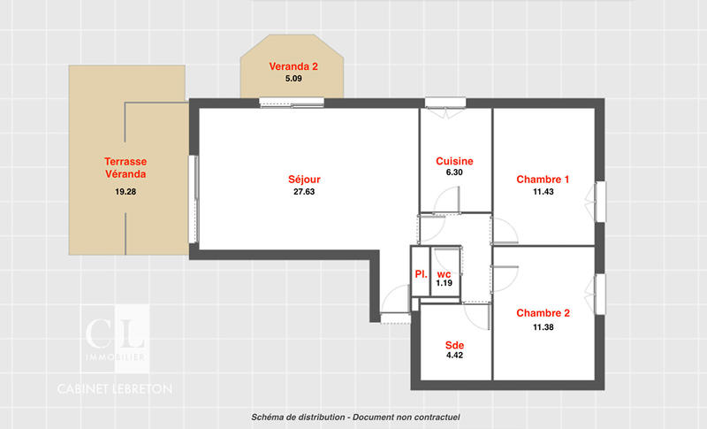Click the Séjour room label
[x=304, y=180]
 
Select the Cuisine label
[x=454, y=161]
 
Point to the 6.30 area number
[x=454, y=173]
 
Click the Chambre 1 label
[x=543, y=180]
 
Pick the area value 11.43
[x=543, y=192]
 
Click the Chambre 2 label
[x=543, y=313]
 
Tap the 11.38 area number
[x=543, y=326]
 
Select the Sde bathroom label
[x=454, y=344]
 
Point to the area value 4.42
[x=454, y=356]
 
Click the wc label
[x=444, y=273]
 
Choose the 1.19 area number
[x=444, y=284]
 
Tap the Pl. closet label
[x=422, y=275]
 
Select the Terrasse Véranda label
[x=125, y=168]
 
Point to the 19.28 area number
[x=125, y=192]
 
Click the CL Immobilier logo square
[x=115, y=337]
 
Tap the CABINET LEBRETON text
[x=115, y=388]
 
